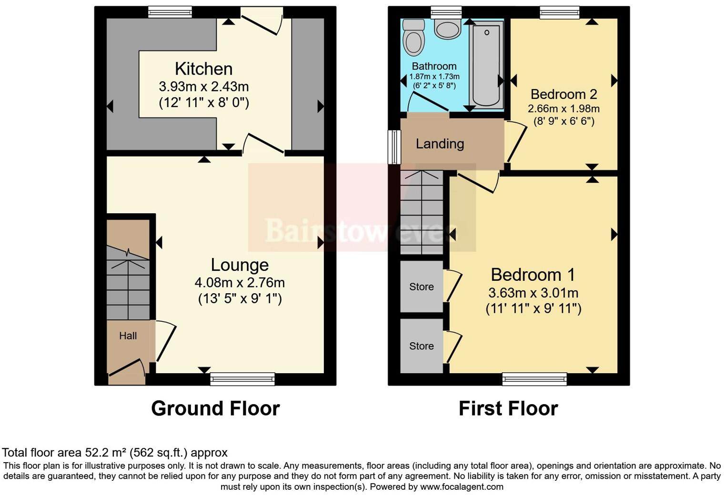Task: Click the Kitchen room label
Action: pyautogui.click(x=203, y=69)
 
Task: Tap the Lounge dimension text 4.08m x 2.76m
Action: pyautogui.click(x=239, y=283)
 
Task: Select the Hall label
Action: pyautogui.click(x=128, y=336)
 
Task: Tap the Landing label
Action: pyautogui.click(x=440, y=144)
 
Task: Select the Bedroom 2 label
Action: pyautogui.click(x=563, y=94)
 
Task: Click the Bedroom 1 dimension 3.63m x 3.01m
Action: pyautogui.click(x=533, y=293)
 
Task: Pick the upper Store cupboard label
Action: pyautogui.click(x=422, y=287)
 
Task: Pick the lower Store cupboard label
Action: pyautogui.click(x=422, y=346)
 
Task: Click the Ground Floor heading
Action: pyautogui.click(x=215, y=408)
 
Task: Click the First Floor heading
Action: pyautogui.click(x=508, y=408)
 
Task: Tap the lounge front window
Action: pyautogui.click(x=243, y=379)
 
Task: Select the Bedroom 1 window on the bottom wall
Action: pyautogui.click(x=534, y=379)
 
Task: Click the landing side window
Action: pyautogui.click(x=394, y=147)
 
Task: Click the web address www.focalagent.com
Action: pyautogui.click(x=462, y=487)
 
